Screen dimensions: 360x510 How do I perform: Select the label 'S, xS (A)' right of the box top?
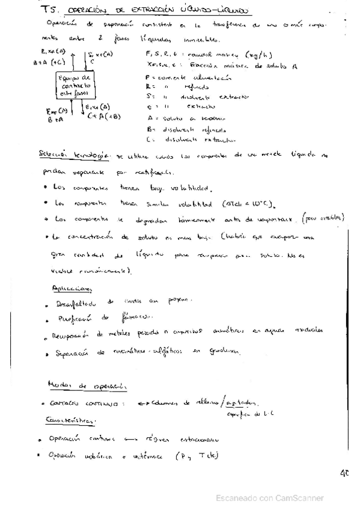[x=100, y=55]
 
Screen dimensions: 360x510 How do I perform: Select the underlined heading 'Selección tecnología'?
[x=72, y=155]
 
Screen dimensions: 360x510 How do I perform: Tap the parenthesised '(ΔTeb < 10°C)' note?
[x=242, y=203]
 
